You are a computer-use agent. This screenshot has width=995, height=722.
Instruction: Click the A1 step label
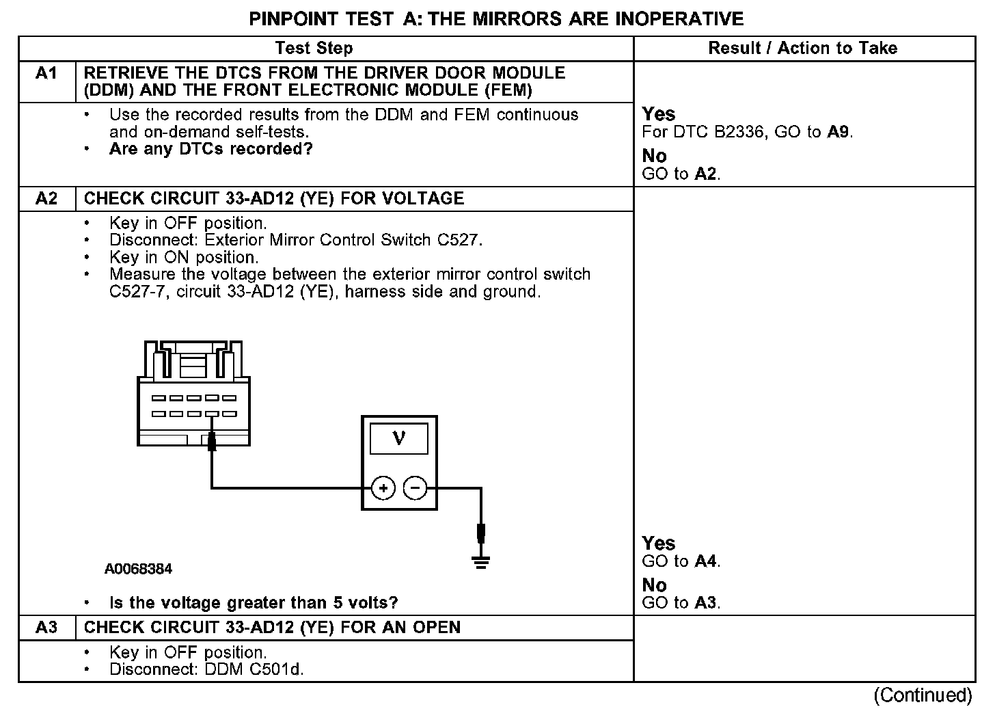coord(46,73)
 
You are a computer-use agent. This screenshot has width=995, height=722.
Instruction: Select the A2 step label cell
coord(46,199)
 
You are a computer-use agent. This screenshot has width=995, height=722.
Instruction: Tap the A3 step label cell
coord(46,628)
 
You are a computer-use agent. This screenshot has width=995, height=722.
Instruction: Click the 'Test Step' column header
coord(314,49)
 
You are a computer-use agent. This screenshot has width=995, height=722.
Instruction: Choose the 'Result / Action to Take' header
coord(803,49)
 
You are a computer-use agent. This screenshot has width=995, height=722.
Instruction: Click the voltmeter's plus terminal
coord(383,488)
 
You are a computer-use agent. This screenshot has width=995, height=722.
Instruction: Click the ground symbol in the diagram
coord(481,562)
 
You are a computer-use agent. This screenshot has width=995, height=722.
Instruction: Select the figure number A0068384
coord(138,569)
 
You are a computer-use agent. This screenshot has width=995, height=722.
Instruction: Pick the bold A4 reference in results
coord(706,562)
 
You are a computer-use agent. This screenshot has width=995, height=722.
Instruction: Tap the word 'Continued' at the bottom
coord(923,695)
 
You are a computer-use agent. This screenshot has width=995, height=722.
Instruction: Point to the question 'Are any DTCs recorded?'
coord(210,149)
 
